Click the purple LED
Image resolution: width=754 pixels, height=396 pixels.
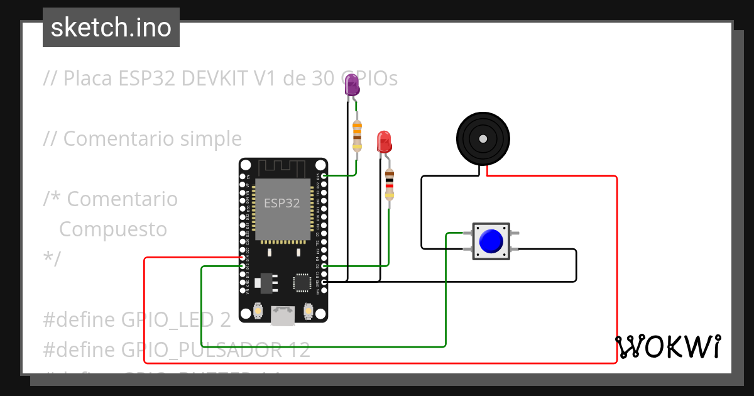pyautogui.click(x=352, y=85)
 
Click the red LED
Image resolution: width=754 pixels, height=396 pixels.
pyautogui.click(x=383, y=141)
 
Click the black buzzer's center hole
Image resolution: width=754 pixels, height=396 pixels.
pyautogui.click(x=483, y=139)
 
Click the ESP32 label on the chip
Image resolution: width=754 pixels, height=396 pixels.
pyautogui.click(x=281, y=203)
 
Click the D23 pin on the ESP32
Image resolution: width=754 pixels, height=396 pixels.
pyautogui.click(x=324, y=176)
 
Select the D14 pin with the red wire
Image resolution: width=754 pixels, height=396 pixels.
pyautogui.click(x=243, y=258)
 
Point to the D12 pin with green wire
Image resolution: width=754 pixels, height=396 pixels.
pyautogui.click(x=243, y=266)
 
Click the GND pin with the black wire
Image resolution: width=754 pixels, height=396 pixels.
pyautogui.click(x=324, y=282)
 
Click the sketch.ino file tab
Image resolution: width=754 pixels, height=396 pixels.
pyautogui.click(x=111, y=28)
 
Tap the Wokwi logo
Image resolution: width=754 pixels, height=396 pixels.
pyautogui.click(x=667, y=347)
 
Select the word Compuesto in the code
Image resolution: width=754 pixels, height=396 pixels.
pyautogui.click(x=113, y=229)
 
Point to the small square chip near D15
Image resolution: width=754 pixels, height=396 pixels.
pyautogui.click(x=302, y=282)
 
